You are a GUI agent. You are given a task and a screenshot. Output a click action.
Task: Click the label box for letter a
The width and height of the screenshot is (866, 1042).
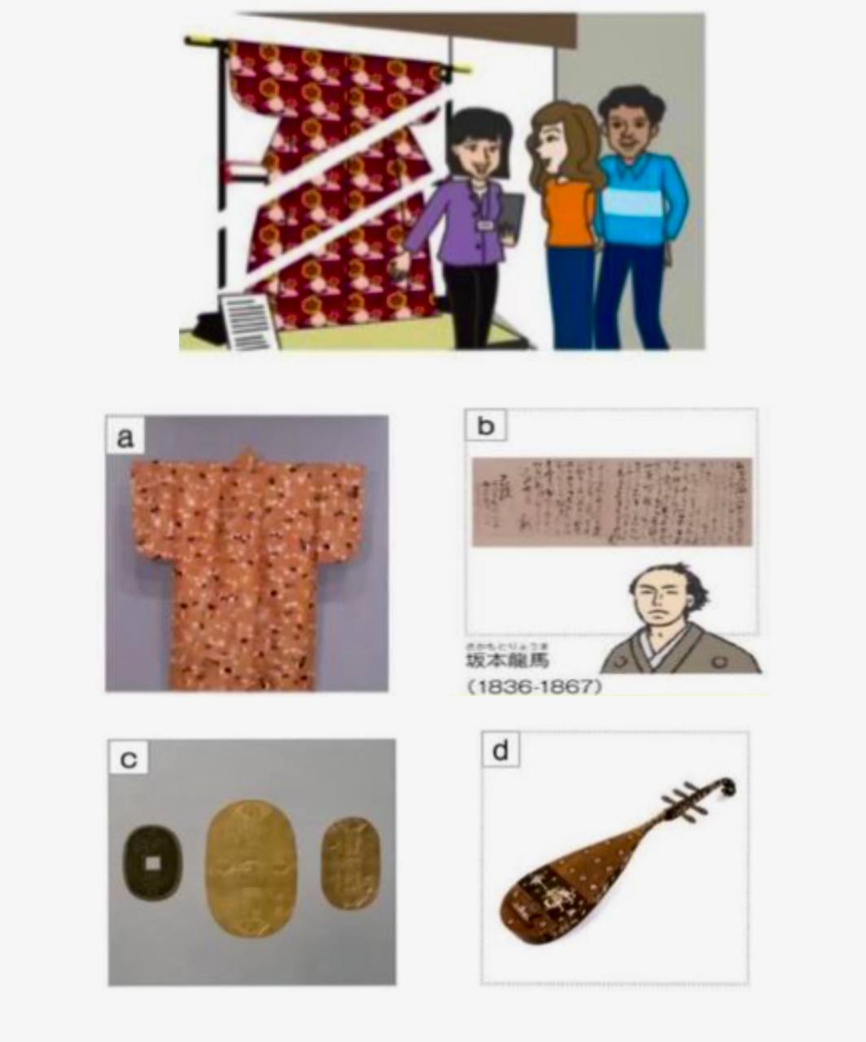click(x=125, y=437)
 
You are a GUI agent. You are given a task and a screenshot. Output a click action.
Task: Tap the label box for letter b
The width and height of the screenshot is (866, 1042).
click(x=485, y=426)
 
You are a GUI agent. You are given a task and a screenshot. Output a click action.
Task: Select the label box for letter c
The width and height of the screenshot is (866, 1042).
click(x=129, y=759)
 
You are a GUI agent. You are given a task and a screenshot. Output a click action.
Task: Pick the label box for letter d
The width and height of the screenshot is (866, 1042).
click(x=500, y=750)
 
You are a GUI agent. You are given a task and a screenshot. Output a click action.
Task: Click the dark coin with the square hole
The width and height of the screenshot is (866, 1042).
click(x=152, y=862)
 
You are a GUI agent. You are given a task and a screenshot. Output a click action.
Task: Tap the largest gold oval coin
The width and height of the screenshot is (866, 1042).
click(x=251, y=868)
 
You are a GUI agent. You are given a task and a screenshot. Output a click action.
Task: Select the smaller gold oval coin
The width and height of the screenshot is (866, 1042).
click(x=350, y=863)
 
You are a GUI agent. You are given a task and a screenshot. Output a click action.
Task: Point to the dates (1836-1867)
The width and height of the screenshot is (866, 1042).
click(x=535, y=687)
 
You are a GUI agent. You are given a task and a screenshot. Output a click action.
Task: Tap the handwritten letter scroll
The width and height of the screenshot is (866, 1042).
click(x=612, y=502)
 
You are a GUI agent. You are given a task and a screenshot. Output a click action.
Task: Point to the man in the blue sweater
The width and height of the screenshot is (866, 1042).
click(x=636, y=212)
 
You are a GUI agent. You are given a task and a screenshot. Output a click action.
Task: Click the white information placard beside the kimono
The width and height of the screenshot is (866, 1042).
click(x=248, y=322)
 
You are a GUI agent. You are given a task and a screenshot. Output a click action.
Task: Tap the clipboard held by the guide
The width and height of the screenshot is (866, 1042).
click(x=511, y=216)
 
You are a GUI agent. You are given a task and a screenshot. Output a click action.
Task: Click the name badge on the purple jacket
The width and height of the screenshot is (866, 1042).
click(x=486, y=223)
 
